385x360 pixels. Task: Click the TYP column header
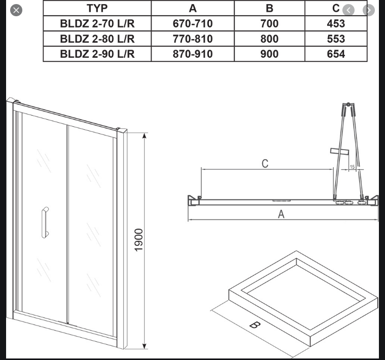[x=97, y=8]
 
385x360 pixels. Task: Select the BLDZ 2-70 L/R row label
[x=97, y=23]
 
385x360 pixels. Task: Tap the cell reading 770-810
[x=193, y=39]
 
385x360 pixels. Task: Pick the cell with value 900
[x=269, y=54]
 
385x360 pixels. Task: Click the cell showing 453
[x=336, y=23]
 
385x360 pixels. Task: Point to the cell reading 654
[x=336, y=54]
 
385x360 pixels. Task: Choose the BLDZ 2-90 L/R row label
[x=97, y=54]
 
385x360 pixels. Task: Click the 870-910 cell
[x=193, y=54]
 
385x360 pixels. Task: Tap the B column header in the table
[x=269, y=8]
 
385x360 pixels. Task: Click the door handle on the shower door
[x=45, y=222]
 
